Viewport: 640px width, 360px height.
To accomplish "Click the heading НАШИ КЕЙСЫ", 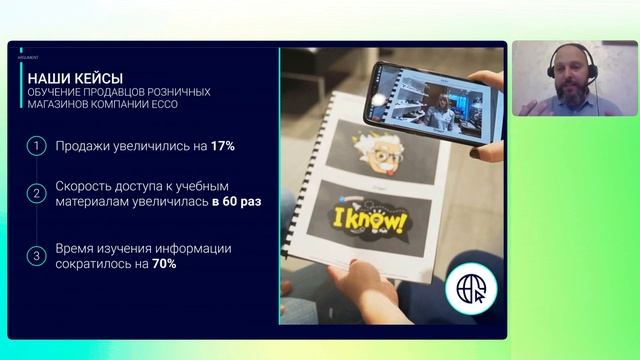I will (76, 77).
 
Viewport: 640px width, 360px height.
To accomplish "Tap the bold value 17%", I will (222, 146).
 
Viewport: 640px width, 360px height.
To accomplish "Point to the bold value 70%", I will (165, 264).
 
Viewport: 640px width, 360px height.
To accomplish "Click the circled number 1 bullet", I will (36, 146).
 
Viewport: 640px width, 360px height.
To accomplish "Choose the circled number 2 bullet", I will (36, 193).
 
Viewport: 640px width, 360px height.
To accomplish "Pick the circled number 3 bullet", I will (36, 256).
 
